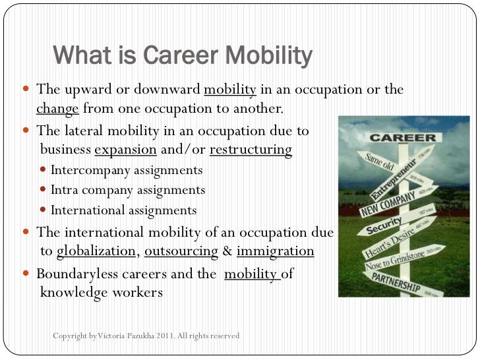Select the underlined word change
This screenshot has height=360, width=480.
click(57, 109)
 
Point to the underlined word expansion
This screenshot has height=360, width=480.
click(126, 150)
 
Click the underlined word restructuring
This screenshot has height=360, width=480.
click(251, 150)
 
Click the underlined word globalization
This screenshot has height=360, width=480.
click(97, 251)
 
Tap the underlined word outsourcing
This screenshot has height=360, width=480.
click(181, 251)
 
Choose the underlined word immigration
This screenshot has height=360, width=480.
click(275, 251)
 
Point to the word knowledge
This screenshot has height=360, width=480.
click(73, 292)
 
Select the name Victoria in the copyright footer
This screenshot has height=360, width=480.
click(113, 336)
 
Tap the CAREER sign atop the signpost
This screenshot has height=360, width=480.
click(403, 139)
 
